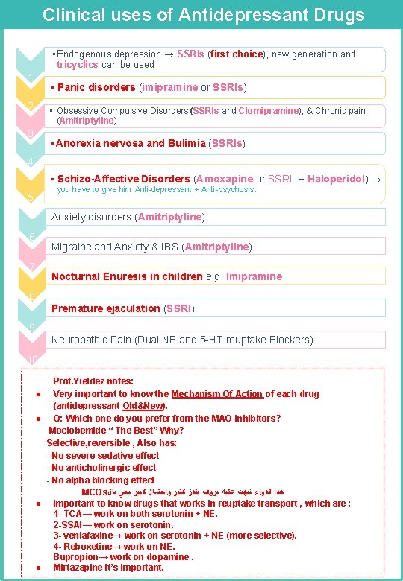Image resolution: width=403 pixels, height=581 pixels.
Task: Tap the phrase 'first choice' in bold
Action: [x=237, y=54]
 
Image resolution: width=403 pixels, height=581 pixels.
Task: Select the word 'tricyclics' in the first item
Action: [x=78, y=65]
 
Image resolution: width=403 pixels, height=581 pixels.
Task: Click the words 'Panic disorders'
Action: [x=96, y=87]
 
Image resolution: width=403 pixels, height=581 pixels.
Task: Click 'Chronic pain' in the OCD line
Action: [x=340, y=111]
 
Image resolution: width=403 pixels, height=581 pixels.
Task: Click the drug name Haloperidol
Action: [x=337, y=179]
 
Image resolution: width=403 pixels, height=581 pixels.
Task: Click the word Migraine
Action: [x=72, y=247]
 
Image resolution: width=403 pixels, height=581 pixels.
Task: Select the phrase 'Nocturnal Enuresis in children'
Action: [x=127, y=276]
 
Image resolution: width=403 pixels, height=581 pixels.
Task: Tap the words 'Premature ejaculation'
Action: [x=105, y=308]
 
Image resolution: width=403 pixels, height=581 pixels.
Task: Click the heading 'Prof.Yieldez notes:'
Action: [x=93, y=381]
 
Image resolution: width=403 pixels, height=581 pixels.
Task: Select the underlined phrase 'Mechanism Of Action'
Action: [x=216, y=394]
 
